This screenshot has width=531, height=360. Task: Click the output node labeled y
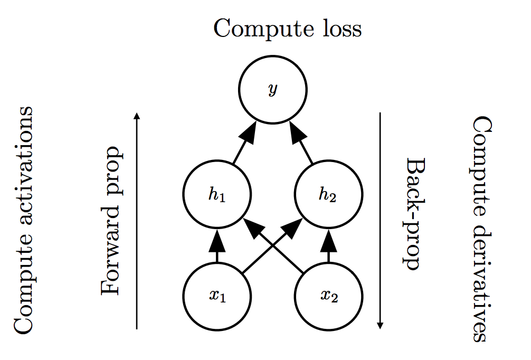pyautogui.click(x=272, y=90)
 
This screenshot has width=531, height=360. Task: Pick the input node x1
pyautogui.click(x=217, y=295)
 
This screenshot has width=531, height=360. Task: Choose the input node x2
pyautogui.click(x=328, y=295)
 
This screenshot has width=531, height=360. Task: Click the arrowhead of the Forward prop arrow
pyautogui.click(x=137, y=116)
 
